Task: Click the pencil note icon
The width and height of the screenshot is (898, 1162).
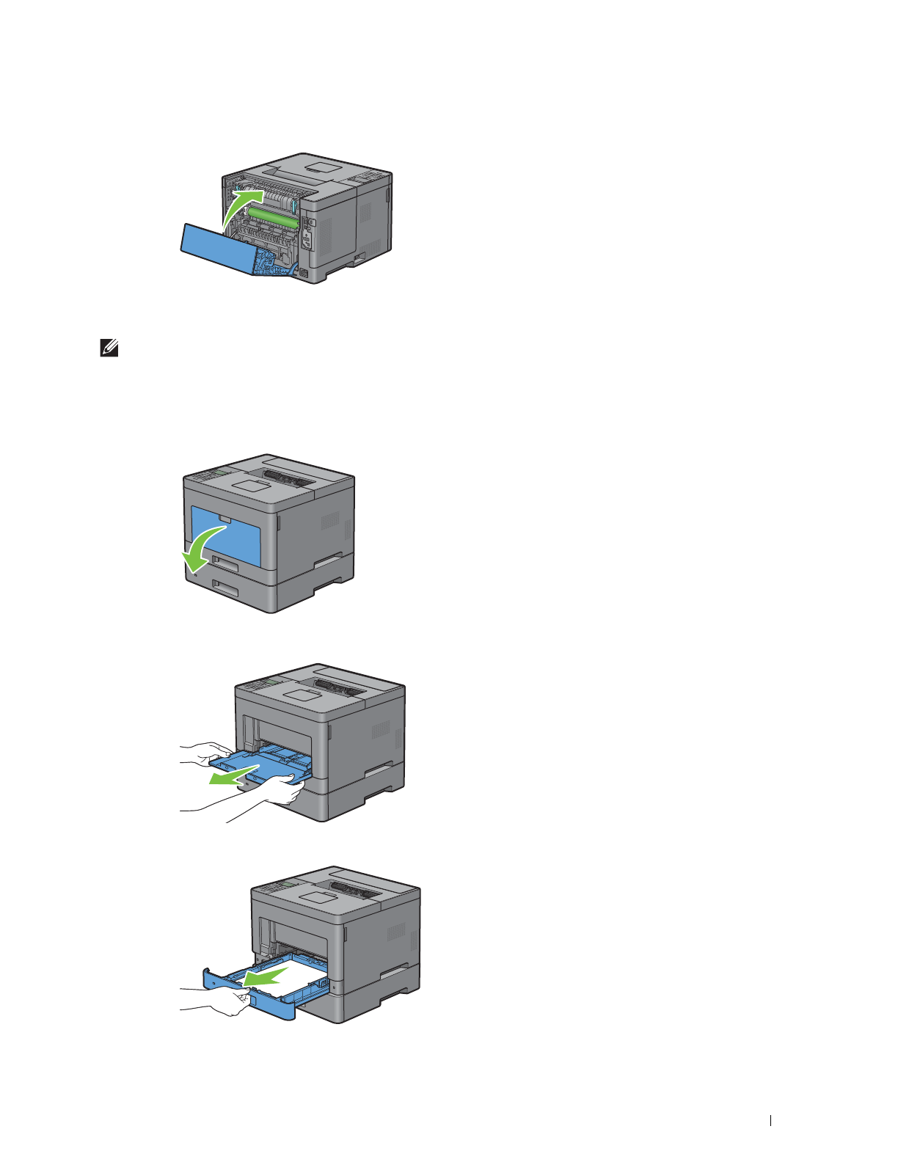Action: pos(109,351)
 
